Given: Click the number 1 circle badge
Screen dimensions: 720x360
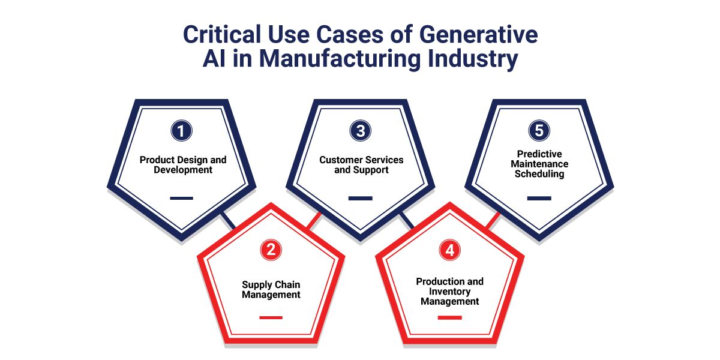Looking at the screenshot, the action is pyautogui.click(x=182, y=131).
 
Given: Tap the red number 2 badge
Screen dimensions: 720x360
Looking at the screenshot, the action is pyautogui.click(x=271, y=250).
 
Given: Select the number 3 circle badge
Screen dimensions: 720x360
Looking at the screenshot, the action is pyautogui.click(x=361, y=131).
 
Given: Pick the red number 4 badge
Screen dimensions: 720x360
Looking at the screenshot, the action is pyautogui.click(x=449, y=250).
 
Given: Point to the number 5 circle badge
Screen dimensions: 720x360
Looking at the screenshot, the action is pyautogui.click(x=539, y=131).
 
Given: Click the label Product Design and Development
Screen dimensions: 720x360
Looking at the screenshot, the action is pyautogui.click(x=183, y=164).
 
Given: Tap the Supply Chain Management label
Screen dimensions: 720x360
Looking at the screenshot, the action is pyautogui.click(x=271, y=290).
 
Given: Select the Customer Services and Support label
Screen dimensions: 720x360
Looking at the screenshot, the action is pyautogui.click(x=361, y=164).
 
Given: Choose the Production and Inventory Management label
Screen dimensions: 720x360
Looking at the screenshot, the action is pyautogui.click(x=449, y=291).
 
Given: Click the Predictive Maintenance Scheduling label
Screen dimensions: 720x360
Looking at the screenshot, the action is pyautogui.click(x=539, y=164).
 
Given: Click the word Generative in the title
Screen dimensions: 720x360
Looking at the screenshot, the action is pyautogui.click(x=478, y=34).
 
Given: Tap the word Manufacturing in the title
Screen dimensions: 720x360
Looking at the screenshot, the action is pyautogui.click(x=340, y=59).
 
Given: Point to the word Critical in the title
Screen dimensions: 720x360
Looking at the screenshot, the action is pyautogui.click(x=222, y=34).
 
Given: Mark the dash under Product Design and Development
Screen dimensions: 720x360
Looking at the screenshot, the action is pyautogui.click(x=182, y=199).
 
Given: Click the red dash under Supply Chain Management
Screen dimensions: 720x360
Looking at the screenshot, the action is pyautogui.click(x=271, y=317).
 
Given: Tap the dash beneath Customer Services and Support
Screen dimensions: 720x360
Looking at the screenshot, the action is pyautogui.click(x=361, y=199).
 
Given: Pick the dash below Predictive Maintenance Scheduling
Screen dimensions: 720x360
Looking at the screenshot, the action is pyautogui.click(x=539, y=199).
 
